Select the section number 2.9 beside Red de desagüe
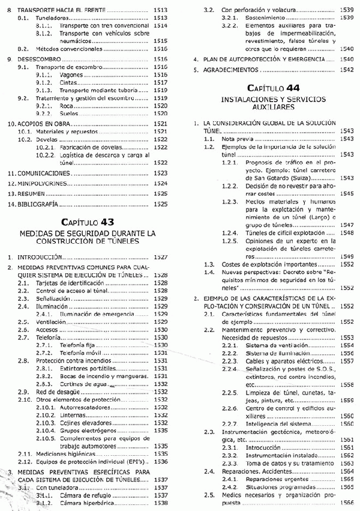23,392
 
